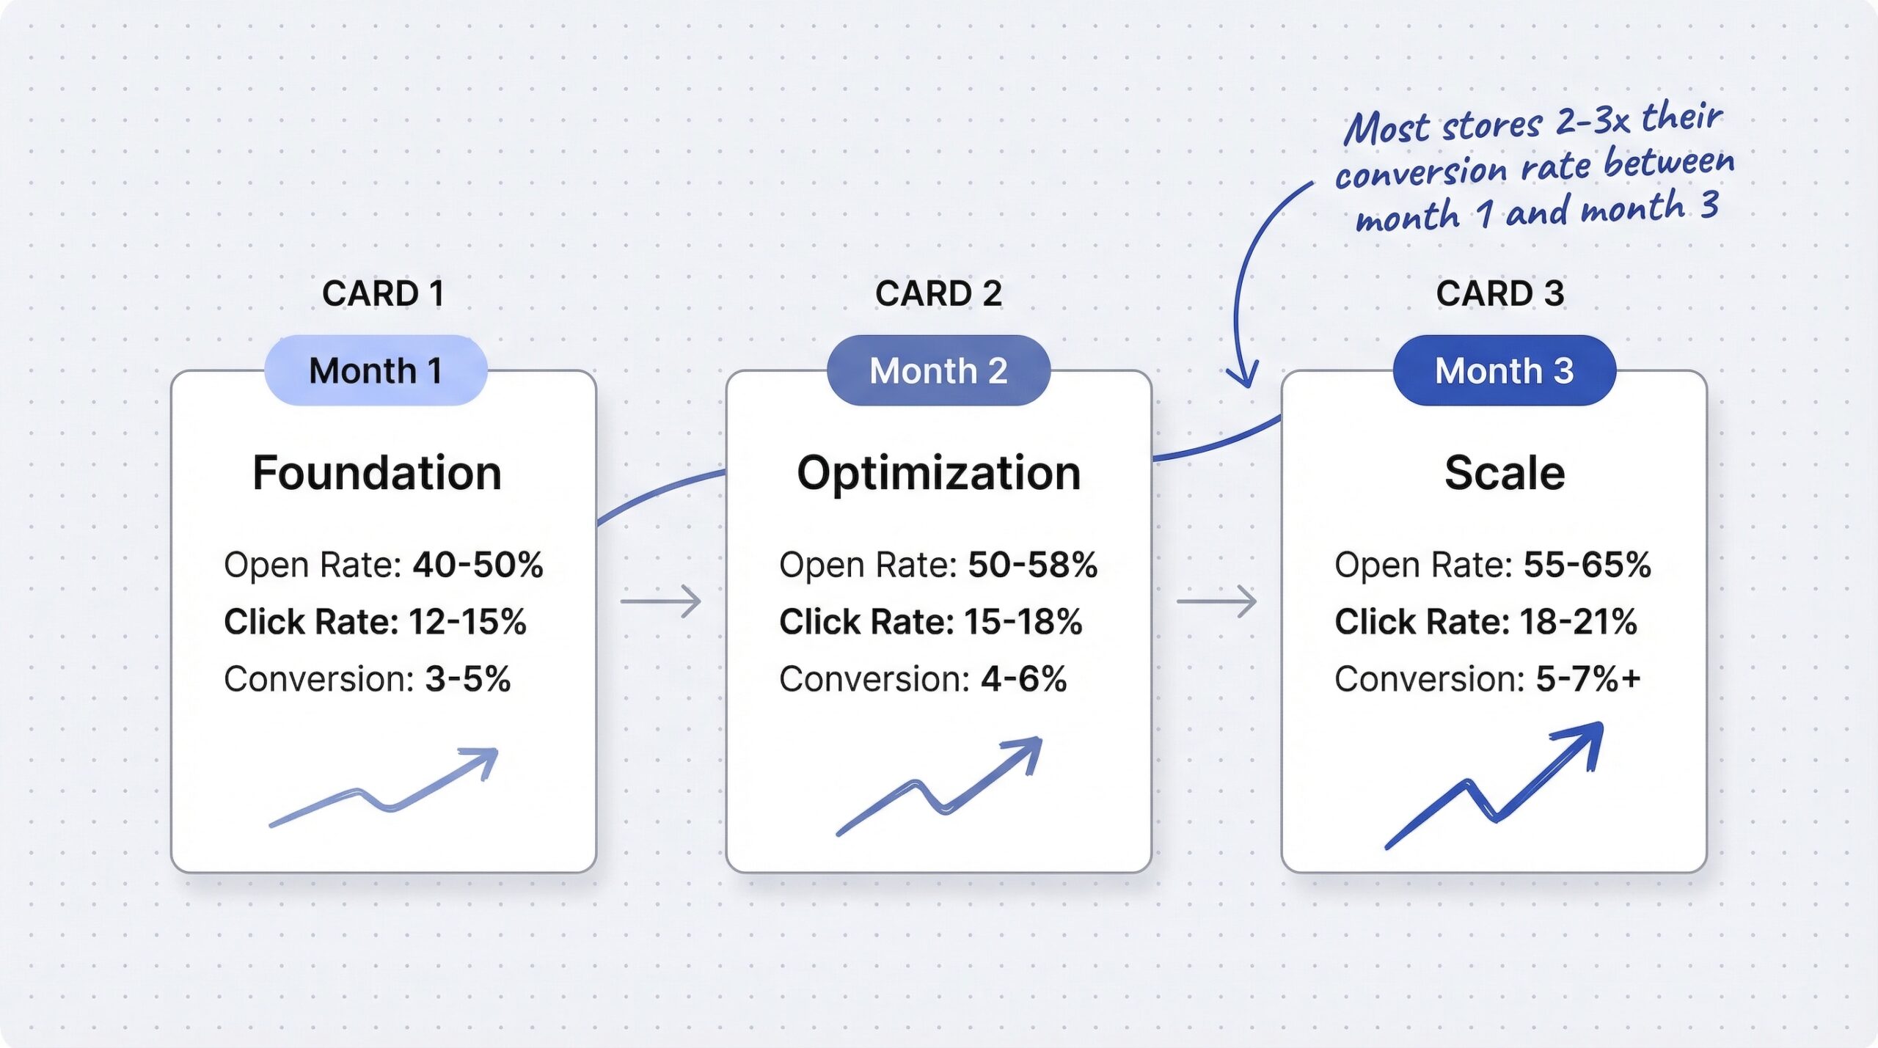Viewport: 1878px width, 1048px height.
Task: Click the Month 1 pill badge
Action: click(376, 370)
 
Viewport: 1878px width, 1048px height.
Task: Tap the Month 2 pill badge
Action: click(938, 370)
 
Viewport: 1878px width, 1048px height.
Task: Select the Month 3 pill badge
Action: click(1504, 370)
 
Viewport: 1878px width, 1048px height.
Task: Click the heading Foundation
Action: click(377, 473)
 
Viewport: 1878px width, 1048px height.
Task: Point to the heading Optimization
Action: click(939, 474)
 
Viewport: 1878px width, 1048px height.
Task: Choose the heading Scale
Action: click(1505, 473)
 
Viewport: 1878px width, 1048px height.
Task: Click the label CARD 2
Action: click(938, 293)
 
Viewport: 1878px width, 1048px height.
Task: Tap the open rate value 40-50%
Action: click(478, 565)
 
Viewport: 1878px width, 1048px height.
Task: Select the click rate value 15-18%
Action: click(1023, 622)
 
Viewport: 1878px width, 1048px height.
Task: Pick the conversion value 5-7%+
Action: click(1588, 679)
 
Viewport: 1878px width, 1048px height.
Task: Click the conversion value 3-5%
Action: click(468, 679)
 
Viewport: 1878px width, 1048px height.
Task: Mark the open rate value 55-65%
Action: click(1587, 565)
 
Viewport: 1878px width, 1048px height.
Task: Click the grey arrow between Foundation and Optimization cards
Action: click(661, 601)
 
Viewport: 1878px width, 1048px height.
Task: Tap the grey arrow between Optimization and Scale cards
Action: click(1217, 601)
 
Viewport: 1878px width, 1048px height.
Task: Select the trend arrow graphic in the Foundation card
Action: click(384, 788)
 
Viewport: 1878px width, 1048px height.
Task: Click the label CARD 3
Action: click(1500, 293)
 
